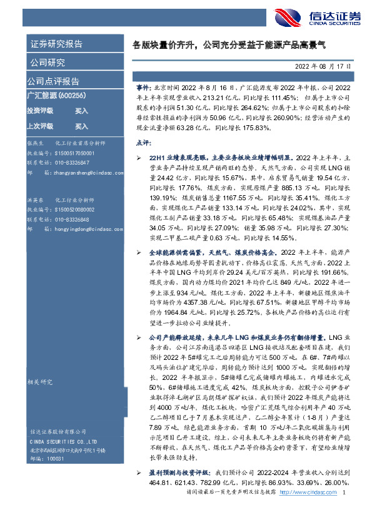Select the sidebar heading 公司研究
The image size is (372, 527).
(x=46, y=63)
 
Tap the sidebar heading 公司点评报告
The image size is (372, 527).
(x=53, y=81)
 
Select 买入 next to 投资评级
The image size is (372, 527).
(x=81, y=110)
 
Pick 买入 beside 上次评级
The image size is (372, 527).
(x=81, y=125)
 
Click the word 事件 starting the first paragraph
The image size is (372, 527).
(x=143, y=89)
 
